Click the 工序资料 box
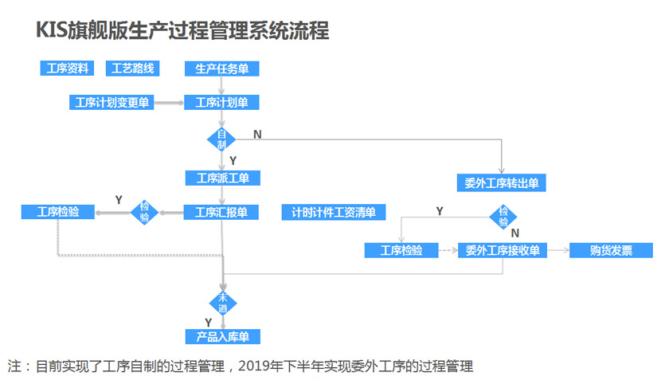[x=67, y=69]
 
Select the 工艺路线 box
[x=132, y=69]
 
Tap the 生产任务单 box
[x=222, y=69]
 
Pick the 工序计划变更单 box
[x=112, y=102]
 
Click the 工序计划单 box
[x=222, y=102]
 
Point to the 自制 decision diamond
[x=222, y=139]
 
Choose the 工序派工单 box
[x=222, y=178]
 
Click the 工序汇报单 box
[x=222, y=212]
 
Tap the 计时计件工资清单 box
[x=334, y=212]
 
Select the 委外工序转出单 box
[x=502, y=182]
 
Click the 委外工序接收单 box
[x=502, y=250]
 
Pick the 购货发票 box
[x=611, y=250]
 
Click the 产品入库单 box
[x=222, y=336]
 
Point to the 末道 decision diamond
[x=222, y=302]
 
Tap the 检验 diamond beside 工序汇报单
[x=145, y=212]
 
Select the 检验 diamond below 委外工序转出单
[x=503, y=216]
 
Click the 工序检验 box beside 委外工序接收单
[x=401, y=250]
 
